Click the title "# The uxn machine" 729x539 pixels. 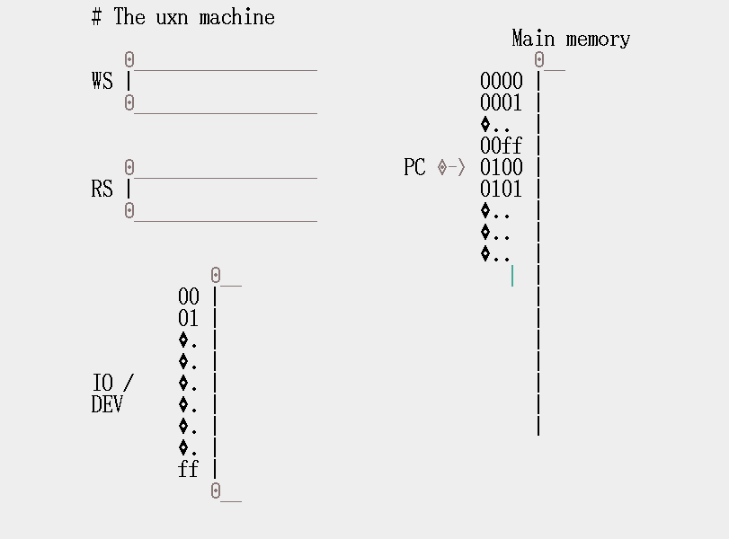pyautogui.click(x=183, y=17)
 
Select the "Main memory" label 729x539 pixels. pyautogui.click(x=571, y=39)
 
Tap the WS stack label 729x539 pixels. pyautogui.click(x=102, y=82)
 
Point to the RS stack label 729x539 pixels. pyautogui.click(x=102, y=190)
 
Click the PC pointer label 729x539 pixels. pyautogui.click(x=414, y=168)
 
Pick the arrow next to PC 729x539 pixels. pyautogui.click(x=452, y=168)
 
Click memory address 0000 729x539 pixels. pyautogui.click(x=501, y=82)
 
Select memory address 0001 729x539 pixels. pyautogui.click(x=501, y=103)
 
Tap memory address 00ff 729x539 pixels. pyautogui.click(x=501, y=146)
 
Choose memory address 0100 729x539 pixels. pyautogui.click(x=501, y=168)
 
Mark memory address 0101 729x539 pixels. pyautogui.click(x=501, y=190)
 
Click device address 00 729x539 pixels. pyautogui.click(x=189, y=297)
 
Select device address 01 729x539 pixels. pyautogui.click(x=189, y=319)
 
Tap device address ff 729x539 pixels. pyautogui.click(x=189, y=470)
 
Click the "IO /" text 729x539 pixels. pyautogui.click(x=112, y=384)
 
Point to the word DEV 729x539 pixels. pyautogui.click(x=107, y=405)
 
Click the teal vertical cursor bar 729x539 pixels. pyautogui.click(x=512, y=276)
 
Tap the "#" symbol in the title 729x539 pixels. pyautogui.click(x=96, y=17)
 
